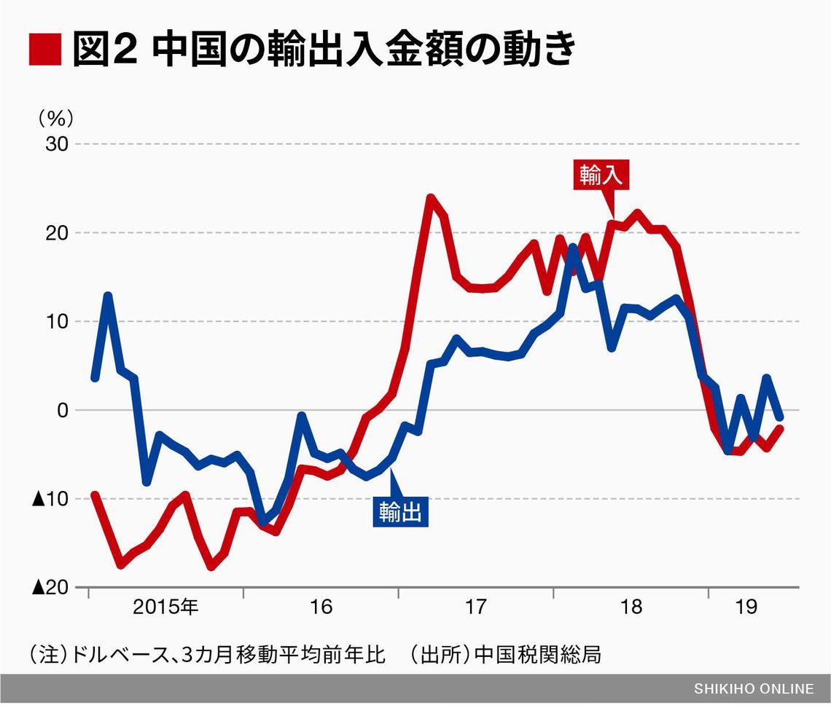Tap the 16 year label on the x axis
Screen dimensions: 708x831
click(x=321, y=607)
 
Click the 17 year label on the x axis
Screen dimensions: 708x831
click(x=475, y=607)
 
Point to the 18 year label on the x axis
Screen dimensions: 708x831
click(x=631, y=607)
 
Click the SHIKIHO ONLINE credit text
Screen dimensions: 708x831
click(x=753, y=689)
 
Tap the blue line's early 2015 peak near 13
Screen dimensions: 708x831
click(x=108, y=295)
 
